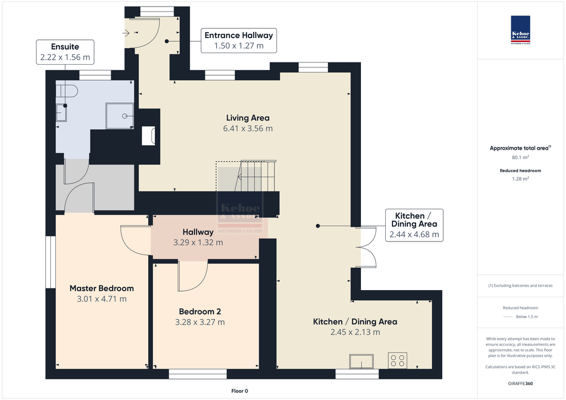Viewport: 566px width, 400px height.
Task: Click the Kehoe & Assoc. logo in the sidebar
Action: (x=521, y=30)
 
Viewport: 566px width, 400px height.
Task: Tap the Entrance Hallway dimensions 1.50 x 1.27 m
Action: (x=239, y=46)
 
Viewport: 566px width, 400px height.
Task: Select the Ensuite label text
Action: (x=65, y=46)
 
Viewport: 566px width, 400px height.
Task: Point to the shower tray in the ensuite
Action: (x=119, y=116)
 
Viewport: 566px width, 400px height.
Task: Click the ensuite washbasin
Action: (x=61, y=113)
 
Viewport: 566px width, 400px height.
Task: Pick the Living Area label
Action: (x=248, y=118)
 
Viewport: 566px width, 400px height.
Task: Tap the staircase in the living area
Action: (x=255, y=176)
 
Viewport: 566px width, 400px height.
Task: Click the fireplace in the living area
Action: (x=148, y=135)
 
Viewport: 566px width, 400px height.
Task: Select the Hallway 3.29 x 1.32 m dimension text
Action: (x=198, y=243)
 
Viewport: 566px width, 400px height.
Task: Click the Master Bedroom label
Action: (x=102, y=288)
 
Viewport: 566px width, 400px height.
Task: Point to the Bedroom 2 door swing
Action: (x=193, y=276)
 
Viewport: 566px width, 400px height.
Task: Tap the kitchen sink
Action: (x=361, y=361)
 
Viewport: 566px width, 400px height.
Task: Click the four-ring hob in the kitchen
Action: (x=397, y=360)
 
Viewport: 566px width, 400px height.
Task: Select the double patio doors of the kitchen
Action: (x=366, y=247)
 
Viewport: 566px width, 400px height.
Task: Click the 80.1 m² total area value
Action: (x=520, y=157)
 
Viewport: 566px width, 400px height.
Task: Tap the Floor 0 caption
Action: (x=240, y=391)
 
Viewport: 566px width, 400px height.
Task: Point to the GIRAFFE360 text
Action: (x=520, y=383)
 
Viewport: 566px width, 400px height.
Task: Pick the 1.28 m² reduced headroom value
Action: (x=520, y=178)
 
